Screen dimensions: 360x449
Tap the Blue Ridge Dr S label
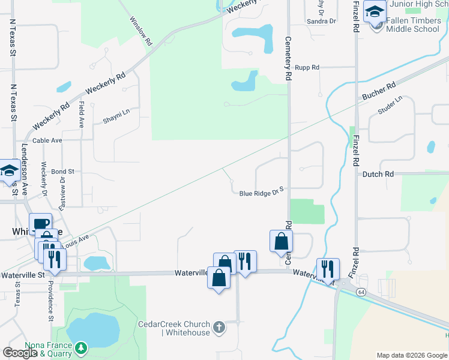[x=261, y=193]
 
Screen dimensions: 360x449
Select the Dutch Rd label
[x=378, y=174]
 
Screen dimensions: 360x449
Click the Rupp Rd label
[x=307, y=68]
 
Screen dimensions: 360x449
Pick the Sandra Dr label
[x=321, y=21]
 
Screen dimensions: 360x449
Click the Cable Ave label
[x=47, y=140]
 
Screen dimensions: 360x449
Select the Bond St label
[x=62, y=172]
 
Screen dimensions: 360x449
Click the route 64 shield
[x=361, y=292]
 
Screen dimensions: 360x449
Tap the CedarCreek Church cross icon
[x=220, y=327]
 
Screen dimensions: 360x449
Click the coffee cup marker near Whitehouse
[x=40, y=224]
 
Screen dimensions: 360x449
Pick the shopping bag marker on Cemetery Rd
[x=281, y=242]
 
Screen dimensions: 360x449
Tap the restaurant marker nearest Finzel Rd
[x=328, y=269]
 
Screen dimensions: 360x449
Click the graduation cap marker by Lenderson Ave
[x=9, y=171]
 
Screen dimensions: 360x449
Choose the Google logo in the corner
[x=20, y=353]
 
